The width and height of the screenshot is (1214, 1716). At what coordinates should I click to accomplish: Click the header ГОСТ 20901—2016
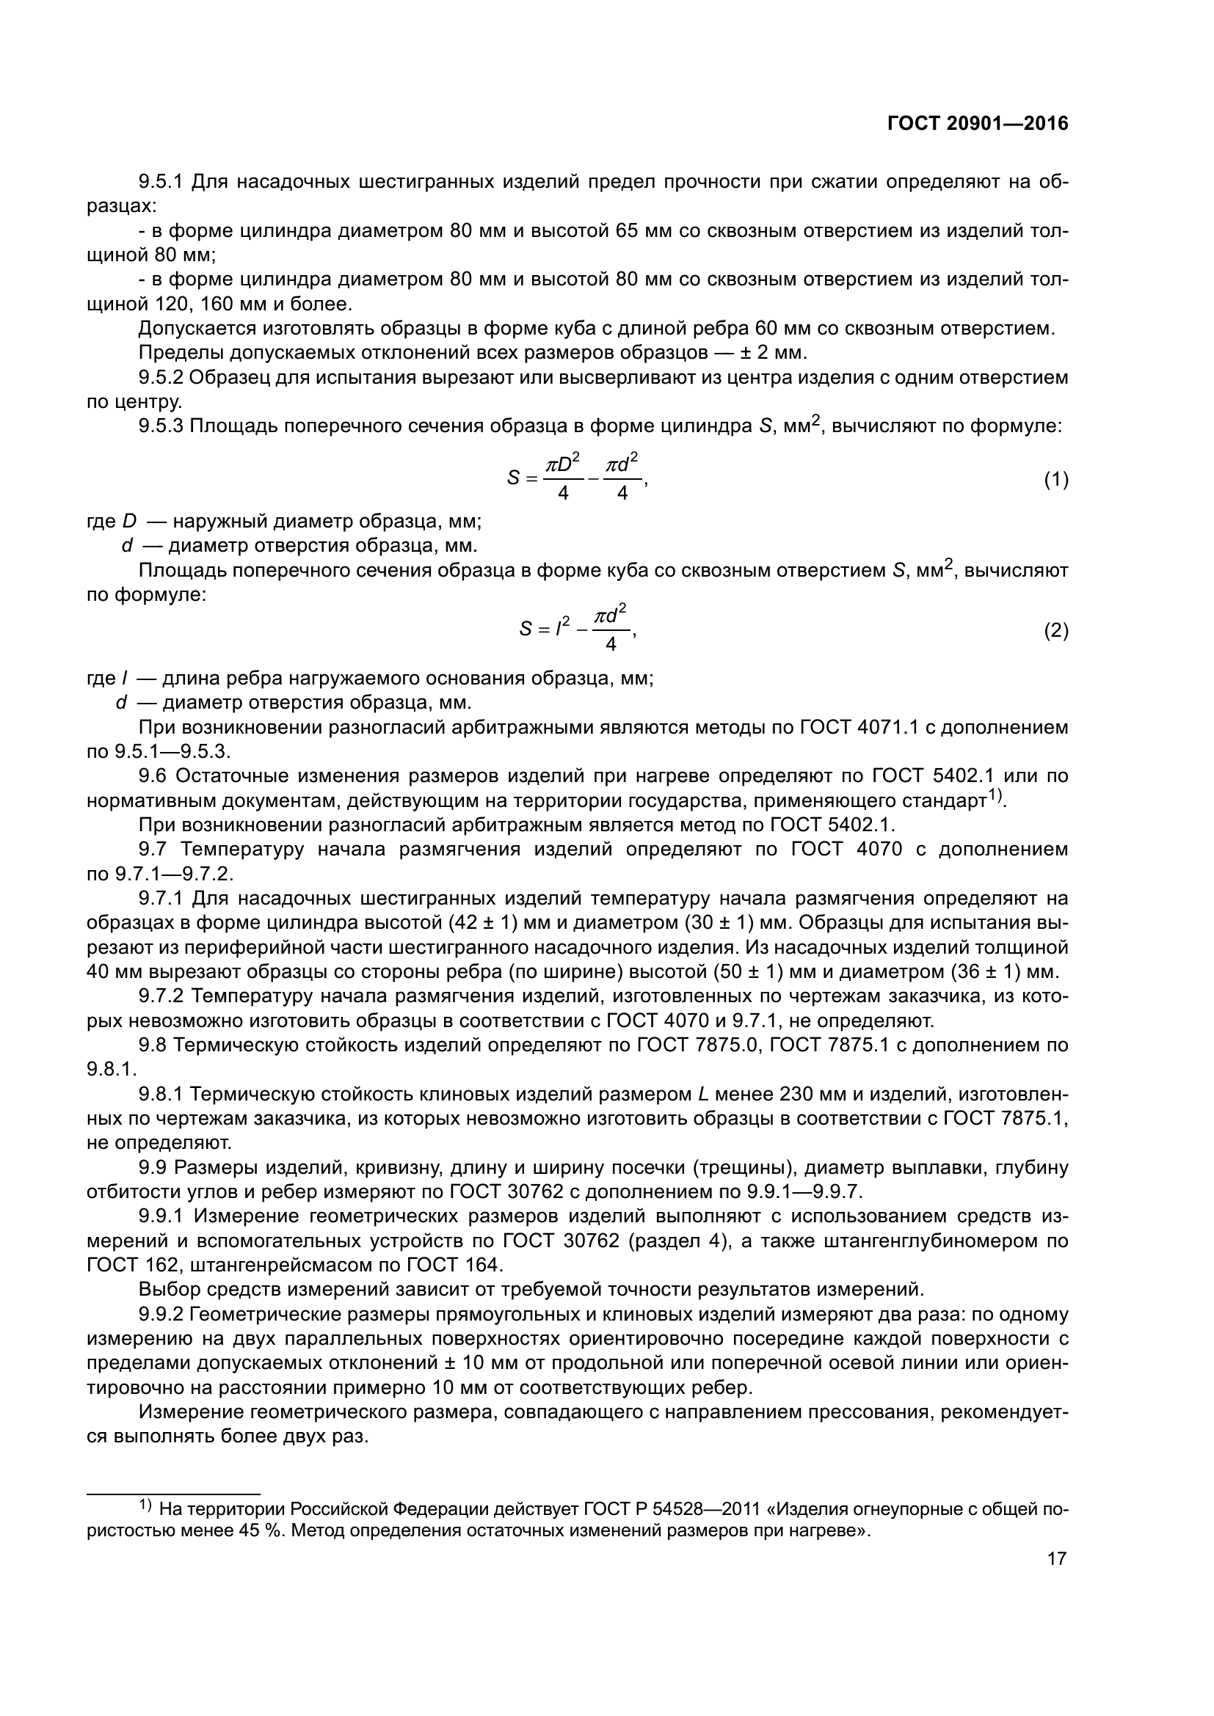(x=978, y=124)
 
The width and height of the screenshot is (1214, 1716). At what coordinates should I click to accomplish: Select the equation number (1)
(x=1056, y=481)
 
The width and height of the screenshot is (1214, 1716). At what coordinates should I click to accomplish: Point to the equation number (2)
(x=1056, y=632)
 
